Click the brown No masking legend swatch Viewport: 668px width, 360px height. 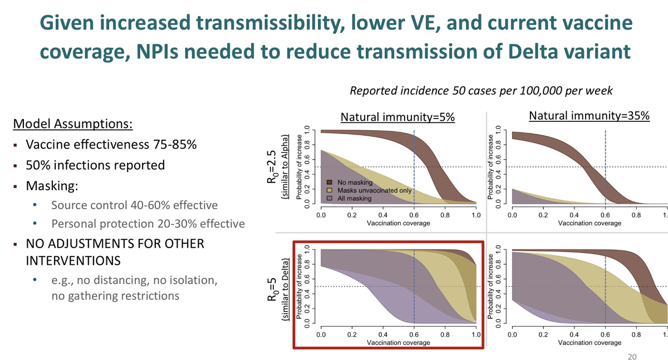click(329, 182)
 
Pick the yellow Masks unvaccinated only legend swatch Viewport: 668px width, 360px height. click(329, 190)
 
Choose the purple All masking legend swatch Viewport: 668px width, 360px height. click(329, 198)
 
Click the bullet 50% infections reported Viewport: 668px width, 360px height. click(96, 165)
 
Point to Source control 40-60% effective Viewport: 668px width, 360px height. click(134, 205)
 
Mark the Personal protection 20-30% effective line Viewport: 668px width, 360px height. click(148, 224)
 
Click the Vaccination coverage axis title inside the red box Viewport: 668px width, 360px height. click(398, 342)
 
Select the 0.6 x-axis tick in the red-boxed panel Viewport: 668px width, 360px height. click(414, 334)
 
